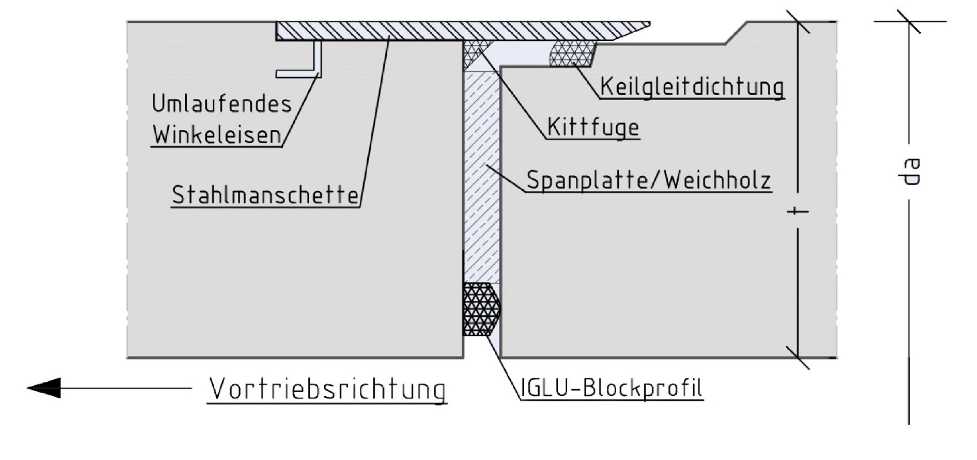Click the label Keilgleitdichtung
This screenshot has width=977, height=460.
click(x=692, y=86)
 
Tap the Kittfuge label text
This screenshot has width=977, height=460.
click(x=593, y=127)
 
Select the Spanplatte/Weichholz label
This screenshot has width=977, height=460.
click(x=649, y=180)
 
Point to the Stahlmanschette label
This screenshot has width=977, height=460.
click(x=265, y=194)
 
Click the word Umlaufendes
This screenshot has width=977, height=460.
click(x=222, y=104)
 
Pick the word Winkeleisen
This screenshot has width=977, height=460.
click(x=217, y=135)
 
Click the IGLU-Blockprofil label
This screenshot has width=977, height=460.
click(x=611, y=388)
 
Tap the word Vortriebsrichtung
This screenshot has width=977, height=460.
click(x=327, y=389)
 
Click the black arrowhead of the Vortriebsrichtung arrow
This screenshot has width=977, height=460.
click(x=44, y=388)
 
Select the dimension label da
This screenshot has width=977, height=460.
click(x=909, y=172)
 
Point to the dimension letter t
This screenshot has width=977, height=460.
click(x=797, y=212)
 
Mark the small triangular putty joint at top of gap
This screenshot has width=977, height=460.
click(x=478, y=52)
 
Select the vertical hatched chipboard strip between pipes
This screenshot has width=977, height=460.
click(x=482, y=177)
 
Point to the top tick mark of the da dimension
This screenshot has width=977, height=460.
click(x=909, y=21)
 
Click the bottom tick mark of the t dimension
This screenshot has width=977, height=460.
click(x=798, y=358)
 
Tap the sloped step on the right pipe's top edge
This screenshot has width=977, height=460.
click(x=736, y=33)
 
